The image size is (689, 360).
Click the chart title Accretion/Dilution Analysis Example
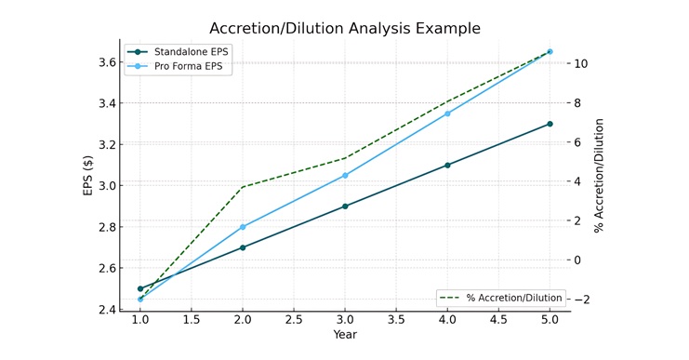coord(345,28)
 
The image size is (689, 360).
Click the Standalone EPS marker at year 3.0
coord(345,207)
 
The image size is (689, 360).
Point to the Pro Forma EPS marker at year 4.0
coord(447,113)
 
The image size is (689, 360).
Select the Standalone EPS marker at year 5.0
coord(550,124)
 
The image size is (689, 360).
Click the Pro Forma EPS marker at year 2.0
coord(243,227)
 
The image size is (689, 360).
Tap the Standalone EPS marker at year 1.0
coord(140,288)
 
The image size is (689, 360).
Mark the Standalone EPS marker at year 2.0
coord(243,247)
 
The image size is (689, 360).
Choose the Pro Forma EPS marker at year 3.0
coord(345,175)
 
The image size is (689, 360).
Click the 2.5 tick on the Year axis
coord(294,320)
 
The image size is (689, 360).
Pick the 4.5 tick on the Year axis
coord(498,320)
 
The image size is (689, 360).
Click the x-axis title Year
coord(345,335)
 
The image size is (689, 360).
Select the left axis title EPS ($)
coord(87,176)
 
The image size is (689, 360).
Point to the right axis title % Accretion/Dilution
coord(600,175)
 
